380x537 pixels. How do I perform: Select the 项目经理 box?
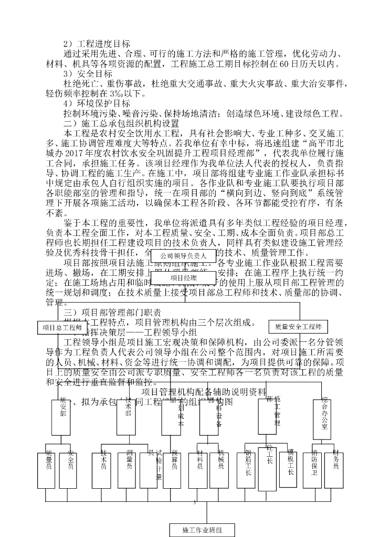pos(183,277)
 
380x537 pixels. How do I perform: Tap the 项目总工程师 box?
pos(59,328)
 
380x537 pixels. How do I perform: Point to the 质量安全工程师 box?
pos(298,326)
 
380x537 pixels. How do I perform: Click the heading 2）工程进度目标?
pos(96,44)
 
